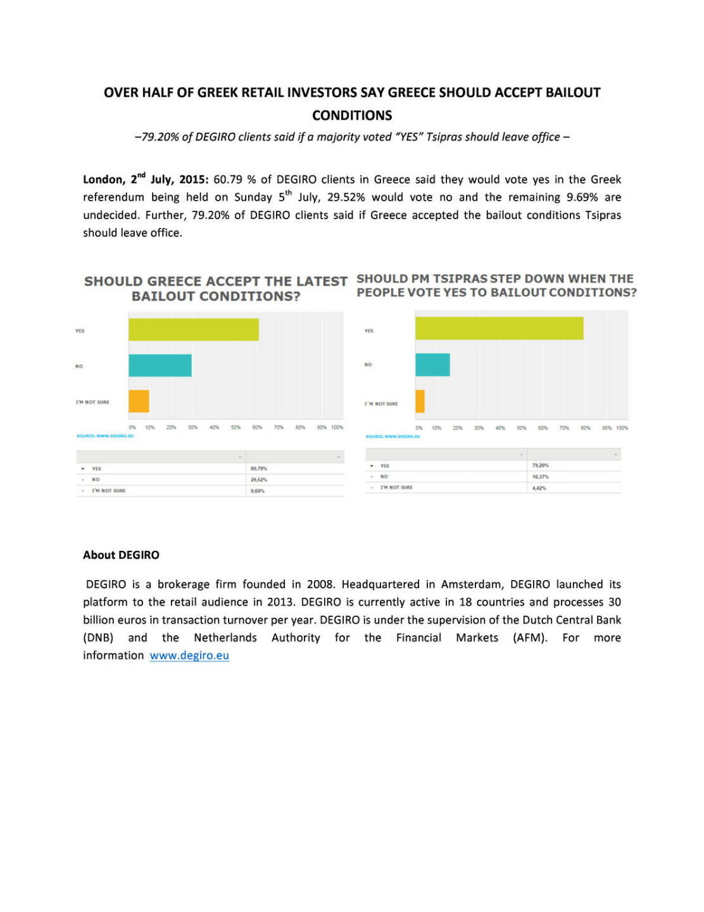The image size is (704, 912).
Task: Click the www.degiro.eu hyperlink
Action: pos(189,655)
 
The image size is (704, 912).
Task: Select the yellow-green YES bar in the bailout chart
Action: pos(193,329)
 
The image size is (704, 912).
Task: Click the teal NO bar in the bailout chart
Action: pos(160,365)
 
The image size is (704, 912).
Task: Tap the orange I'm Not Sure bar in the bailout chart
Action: pos(139,402)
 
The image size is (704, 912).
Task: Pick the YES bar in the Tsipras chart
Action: pos(499,328)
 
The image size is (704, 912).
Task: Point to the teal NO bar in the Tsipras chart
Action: pos(432,365)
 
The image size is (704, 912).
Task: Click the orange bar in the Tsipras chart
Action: pos(420,402)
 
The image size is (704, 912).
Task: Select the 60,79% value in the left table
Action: pos(259,469)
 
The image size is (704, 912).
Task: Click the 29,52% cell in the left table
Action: pos(259,479)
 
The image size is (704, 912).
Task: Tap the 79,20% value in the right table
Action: pos(541,465)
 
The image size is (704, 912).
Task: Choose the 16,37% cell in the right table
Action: pos(541,476)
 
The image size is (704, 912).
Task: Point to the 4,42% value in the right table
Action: pos(539,488)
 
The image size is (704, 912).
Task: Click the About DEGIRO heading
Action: pos(121,555)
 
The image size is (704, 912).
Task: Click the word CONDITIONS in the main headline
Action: pos(352,115)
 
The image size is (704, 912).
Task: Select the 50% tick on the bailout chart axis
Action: pos(236,427)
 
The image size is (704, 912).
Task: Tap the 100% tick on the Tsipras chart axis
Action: pos(622,428)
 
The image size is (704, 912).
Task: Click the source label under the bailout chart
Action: pos(105,436)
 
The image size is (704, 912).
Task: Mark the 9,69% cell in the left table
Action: pos(258,491)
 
